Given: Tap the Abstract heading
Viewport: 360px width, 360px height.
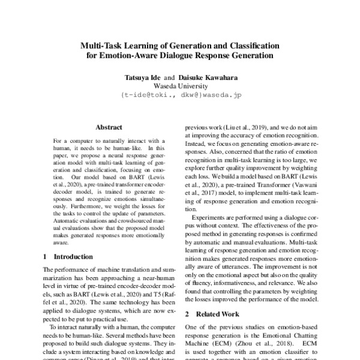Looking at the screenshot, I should (x=109, y=127).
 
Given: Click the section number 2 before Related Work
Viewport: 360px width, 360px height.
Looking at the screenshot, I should (x=187, y=314).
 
